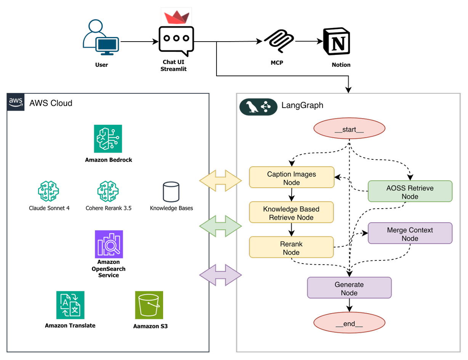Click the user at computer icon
tap(101, 37)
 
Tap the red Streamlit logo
tap(176, 16)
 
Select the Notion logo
tap(338, 41)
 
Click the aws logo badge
tap(16, 102)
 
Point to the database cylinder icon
tap(171, 192)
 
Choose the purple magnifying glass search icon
tap(109, 244)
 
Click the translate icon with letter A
tap(71, 305)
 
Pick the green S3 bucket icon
tap(149, 305)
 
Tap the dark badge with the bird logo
tap(258, 107)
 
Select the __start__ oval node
tap(349, 129)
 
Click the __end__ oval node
tap(349, 323)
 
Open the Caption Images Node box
tap(292, 177)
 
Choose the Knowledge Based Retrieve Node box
tap(292, 212)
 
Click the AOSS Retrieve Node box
tap(410, 191)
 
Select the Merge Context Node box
tap(410, 233)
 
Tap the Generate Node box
tap(349, 288)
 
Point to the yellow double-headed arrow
tap(221, 180)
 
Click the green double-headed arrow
tap(221, 226)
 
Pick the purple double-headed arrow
tap(221, 275)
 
